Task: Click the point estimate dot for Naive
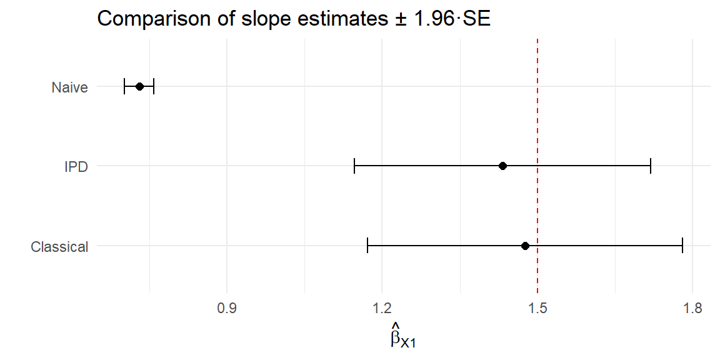coord(139,86)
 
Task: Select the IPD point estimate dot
coord(502,166)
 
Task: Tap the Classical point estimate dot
coord(525,246)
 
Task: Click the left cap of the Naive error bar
coord(124,86)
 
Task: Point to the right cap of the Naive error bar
coord(154,86)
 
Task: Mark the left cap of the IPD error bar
coord(354,166)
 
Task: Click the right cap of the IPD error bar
coord(651,166)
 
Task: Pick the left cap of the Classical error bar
coord(367,246)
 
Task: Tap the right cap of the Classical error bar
coord(682,246)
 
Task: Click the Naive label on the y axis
coord(69,87)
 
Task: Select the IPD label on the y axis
coord(76,167)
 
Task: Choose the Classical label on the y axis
coord(59,247)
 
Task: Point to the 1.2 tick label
coord(382,308)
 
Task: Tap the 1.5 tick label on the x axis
coord(537,308)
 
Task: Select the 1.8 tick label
coord(692,308)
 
